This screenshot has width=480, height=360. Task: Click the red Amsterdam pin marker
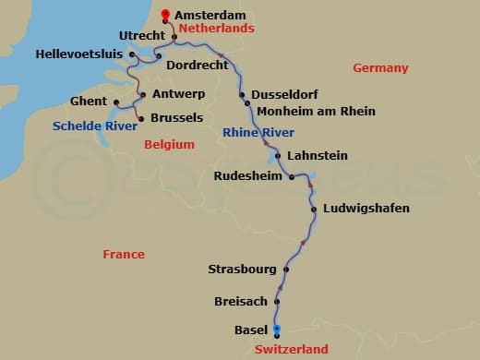tap(165, 14)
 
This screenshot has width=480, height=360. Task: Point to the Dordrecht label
tap(197, 66)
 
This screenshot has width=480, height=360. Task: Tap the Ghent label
tap(89, 101)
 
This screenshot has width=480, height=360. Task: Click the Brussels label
tap(175, 118)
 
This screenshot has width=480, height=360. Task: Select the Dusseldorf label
tap(285, 95)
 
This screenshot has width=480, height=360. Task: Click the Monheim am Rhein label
tap(316, 112)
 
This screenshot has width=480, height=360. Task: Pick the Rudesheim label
tap(247, 175)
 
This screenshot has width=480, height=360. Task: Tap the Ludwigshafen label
tap(366, 209)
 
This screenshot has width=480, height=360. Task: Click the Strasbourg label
tap(242, 270)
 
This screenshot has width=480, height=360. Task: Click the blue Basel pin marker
tap(276, 330)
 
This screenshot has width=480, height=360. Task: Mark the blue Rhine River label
tap(258, 133)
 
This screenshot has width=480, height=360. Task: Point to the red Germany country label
tap(380, 68)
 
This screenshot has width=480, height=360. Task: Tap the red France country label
tap(124, 254)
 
